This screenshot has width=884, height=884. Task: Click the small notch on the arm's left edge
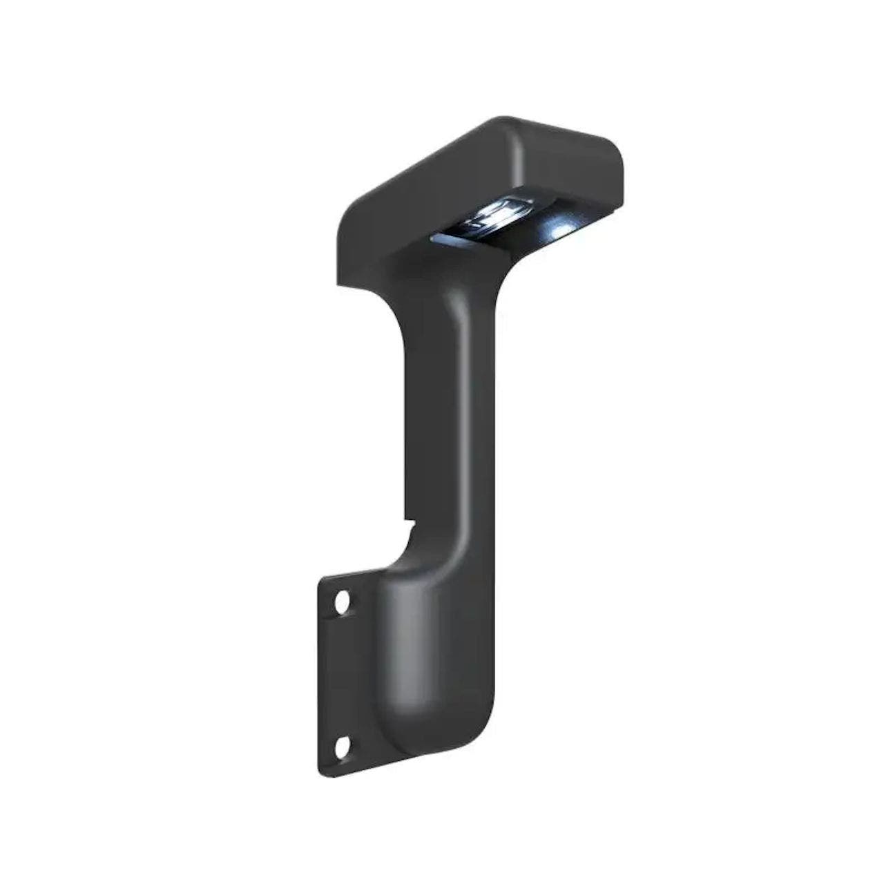click(x=407, y=523)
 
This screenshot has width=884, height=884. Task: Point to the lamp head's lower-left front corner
click(x=340, y=280)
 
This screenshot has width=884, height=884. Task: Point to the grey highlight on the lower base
click(x=407, y=649)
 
